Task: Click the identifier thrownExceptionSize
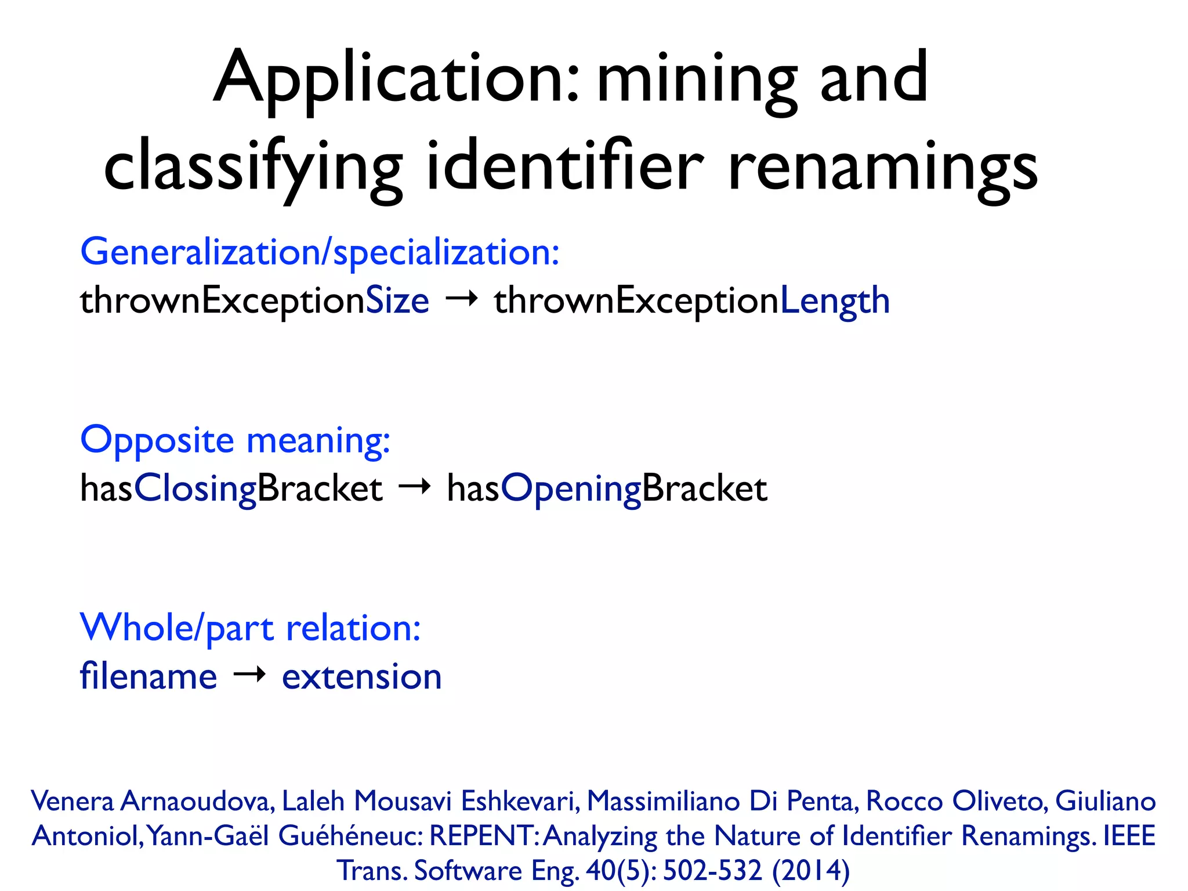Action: click(x=254, y=301)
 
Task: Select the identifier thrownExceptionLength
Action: click(x=691, y=301)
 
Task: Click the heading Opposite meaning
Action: click(x=235, y=440)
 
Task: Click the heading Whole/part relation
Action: click(x=250, y=628)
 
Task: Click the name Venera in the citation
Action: click(x=73, y=801)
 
